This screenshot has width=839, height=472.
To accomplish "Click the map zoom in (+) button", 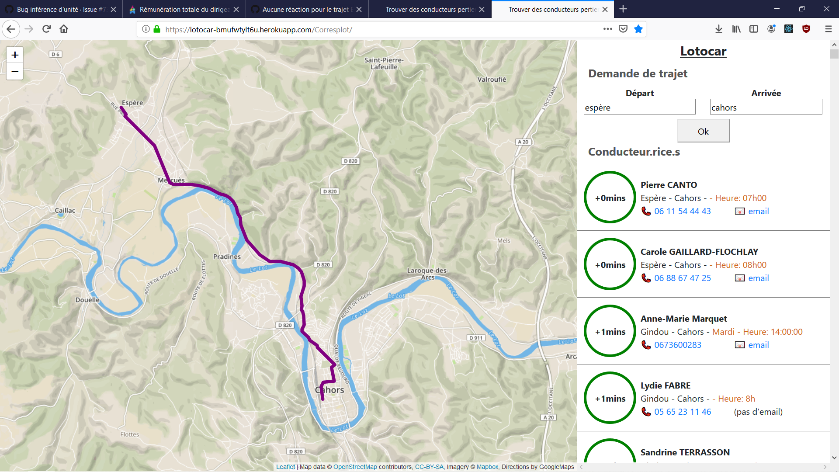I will tap(15, 55).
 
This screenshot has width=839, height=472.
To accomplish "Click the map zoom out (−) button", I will tap(15, 72).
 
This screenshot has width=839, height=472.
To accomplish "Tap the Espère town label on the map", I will tap(132, 103).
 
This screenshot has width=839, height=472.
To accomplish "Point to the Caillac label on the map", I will tap(65, 210).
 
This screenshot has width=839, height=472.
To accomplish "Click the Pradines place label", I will tap(227, 257).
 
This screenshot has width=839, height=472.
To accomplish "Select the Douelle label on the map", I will tap(87, 300).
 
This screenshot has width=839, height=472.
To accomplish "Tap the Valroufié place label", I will tap(492, 79).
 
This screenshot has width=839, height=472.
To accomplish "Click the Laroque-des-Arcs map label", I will tap(427, 274).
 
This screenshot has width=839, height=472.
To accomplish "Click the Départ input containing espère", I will tap(639, 107).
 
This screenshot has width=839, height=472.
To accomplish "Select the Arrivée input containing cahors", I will tap(766, 107).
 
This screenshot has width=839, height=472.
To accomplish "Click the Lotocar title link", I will tap(703, 51).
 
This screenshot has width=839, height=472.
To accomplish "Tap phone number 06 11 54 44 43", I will tap(682, 211).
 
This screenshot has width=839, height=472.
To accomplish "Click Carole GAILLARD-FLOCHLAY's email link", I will tap(758, 278).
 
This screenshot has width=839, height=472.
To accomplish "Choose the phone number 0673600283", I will tap(677, 345).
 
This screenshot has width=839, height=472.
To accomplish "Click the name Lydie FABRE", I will tap(666, 385).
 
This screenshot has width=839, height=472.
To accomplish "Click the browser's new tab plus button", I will tap(623, 9).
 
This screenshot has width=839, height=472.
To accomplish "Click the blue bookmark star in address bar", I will tap(638, 29).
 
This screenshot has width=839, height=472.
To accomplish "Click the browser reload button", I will tap(46, 29).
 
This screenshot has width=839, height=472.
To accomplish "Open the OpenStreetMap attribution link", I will tap(355, 467).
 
